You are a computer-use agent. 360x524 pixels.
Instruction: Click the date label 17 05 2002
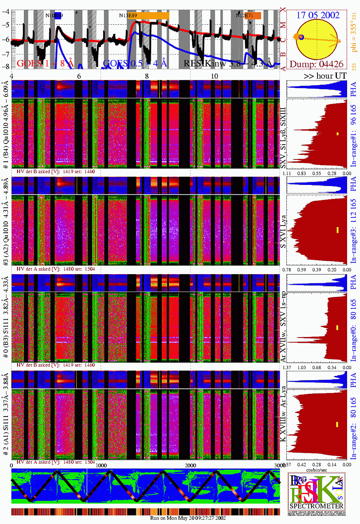click(x=317, y=15)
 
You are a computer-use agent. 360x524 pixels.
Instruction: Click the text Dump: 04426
click(x=316, y=64)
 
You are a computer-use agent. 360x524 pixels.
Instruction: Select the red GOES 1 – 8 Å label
click(x=45, y=63)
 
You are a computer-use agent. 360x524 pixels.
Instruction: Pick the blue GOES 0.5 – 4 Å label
click(x=135, y=63)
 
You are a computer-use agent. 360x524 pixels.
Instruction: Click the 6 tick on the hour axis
click(x=79, y=76)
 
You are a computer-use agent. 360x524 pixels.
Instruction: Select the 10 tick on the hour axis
click(x=215, y=76)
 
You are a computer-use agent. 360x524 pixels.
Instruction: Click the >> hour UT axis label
click(x=325, y=76)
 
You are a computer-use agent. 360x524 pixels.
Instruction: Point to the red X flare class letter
click(x=283, y=10)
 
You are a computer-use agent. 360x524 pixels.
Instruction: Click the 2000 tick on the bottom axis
click(x=191, y=466)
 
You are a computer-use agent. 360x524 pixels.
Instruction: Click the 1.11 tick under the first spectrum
click(x=287, y=173)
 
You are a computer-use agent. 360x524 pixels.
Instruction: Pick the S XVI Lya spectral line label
click(x=283, y=232)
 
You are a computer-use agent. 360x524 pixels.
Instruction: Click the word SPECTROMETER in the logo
click(x=316, y=506)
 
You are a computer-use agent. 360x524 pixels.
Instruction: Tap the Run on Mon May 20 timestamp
click(x=188, y=518)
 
